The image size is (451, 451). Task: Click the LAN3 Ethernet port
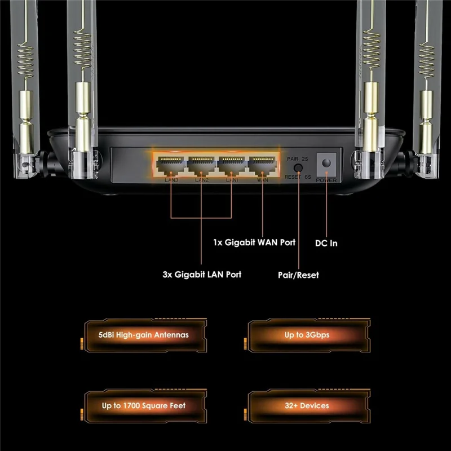pyautogui.click(x=170, y=165)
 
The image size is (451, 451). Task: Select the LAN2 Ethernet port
pyautogui.click(x=201, y=165)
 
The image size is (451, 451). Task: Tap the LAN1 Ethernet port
pyautogui.click(x=232, y=165)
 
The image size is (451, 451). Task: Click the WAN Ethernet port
pyautogui.click(x=263, y=165)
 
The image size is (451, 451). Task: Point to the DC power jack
pyautogui.click(x=326, y=163)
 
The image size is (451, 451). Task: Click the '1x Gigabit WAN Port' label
pyautogui.click(x=254, y=242)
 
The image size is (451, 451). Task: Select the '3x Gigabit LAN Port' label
pyautogui.click(x=201, y=275)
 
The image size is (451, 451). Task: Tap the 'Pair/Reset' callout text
pyautogui.click(x=298, y=275)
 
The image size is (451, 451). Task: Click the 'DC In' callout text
pyautogui.click(x=326, y=244)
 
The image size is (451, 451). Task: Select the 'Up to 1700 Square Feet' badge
pyautogui.click(x=143, y=405)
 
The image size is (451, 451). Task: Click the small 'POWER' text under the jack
pyautogui.click(x=326, y=180)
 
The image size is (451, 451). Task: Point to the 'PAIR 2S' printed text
pyautogui.click(x=299, y=160)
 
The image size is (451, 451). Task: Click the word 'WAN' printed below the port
pyautogui.click(x=263, y=180)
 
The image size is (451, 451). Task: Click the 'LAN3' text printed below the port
pyautogui.click(x=170, y=180)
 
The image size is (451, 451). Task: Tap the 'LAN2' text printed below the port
pyautogui.click(x=201, y=180)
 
